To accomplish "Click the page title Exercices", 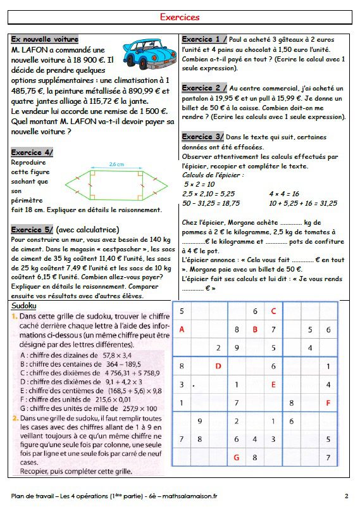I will click(180, 18).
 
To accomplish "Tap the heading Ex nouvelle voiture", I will click(45, 39).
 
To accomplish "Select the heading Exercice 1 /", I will click(204, 39).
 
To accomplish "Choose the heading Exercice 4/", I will click(32, 153).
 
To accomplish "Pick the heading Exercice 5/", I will click(32, 229).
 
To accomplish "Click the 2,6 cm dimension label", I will click(116, 164).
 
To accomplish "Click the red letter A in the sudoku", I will click(182, 329).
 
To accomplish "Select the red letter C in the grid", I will click(273, 311).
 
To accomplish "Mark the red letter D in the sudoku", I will click(218, 366).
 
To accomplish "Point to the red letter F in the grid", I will click(328, 403).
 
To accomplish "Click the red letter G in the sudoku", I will click(237, 456).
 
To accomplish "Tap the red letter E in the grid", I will click(273, 384).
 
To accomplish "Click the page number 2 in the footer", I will click(347, 495).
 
